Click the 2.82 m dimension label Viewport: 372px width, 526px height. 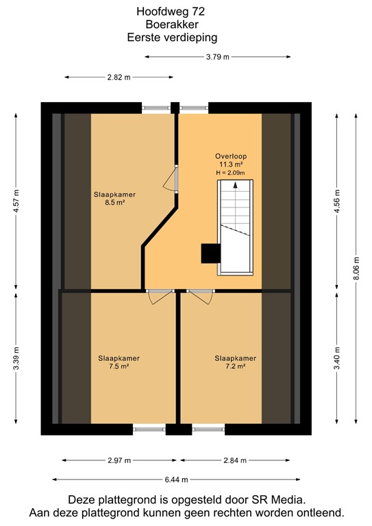click(118, 77)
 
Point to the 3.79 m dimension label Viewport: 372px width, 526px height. click(217, 58)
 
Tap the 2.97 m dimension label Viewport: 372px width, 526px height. click(118, 460)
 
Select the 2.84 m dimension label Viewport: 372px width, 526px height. click(236, 460)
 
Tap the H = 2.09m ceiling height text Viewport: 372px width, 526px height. click(230, 173)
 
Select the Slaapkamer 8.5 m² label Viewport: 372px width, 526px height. click(114, 199)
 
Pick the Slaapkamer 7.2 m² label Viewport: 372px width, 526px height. click(235, 362)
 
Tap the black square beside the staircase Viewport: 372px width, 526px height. click(210, 253)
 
